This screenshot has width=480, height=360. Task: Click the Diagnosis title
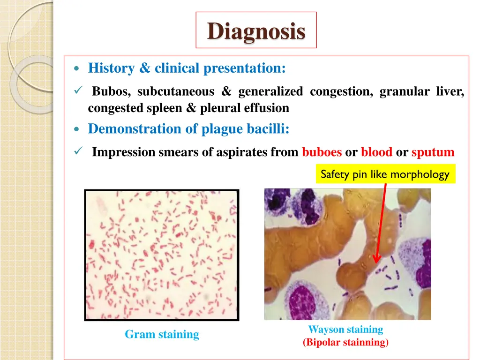click(x=256, y=31)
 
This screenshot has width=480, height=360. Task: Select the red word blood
click(x=376, y=152)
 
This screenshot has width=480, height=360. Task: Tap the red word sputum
click(x=433, y=152)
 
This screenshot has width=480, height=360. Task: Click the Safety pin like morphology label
click(x=385, y=174)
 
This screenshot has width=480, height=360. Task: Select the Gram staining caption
click(x=162, y=334)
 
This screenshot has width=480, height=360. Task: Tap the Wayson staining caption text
click(x=345, y=329)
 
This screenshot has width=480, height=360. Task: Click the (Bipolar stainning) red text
click(x=345, y=343)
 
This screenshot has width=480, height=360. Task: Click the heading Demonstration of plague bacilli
click(x=188, y=128)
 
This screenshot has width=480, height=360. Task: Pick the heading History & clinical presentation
click(x=187, y=68)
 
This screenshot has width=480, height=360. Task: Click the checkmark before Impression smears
click(x=78, y=151)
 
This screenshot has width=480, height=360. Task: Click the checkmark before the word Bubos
click(x=78, y=90)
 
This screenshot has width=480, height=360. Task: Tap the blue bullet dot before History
click(x=77, y=69)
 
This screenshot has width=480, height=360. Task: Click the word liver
click(x=450, y=91)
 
